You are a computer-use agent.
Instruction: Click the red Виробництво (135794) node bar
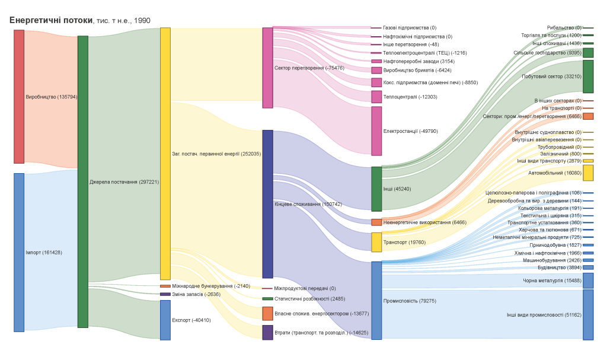click(x=19, y=96)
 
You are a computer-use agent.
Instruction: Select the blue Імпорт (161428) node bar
click(x=19, y=252)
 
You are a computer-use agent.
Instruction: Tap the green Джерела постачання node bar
click(x=83, y=181)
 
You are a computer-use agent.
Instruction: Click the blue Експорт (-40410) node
click(x=165, y=320)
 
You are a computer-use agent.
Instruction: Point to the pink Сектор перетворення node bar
click(x=268, y=68)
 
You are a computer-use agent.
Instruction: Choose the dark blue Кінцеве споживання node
click(x=268, y=204)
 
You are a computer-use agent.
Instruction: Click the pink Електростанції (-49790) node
click(x=376, y=130)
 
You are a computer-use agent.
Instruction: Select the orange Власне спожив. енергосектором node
click(x=268, y=313)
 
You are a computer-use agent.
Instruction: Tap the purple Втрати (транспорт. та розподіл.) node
click(x=268, y=332)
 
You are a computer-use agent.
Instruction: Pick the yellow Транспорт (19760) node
click(x=376, y=242)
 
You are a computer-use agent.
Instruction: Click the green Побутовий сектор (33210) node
click(x=588, y=77)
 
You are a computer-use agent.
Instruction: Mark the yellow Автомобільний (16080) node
click(x=588, y=173)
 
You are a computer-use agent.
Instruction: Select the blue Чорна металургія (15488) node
click(x=588, y=281)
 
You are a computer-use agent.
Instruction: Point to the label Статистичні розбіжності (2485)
click(x=309, y=299)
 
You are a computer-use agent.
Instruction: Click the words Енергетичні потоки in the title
click(x=51, y=20)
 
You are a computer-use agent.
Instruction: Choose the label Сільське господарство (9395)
click(x=547, y=53)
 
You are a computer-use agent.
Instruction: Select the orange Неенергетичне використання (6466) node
click(x=376, y=222)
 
